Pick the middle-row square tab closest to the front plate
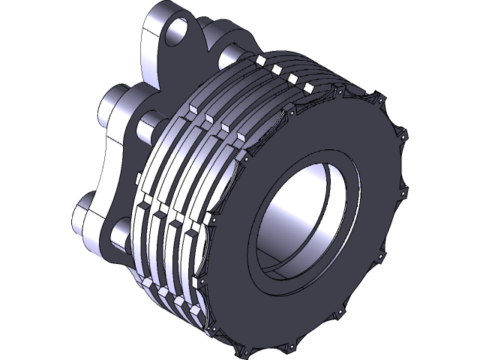240,137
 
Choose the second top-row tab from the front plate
292,76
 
